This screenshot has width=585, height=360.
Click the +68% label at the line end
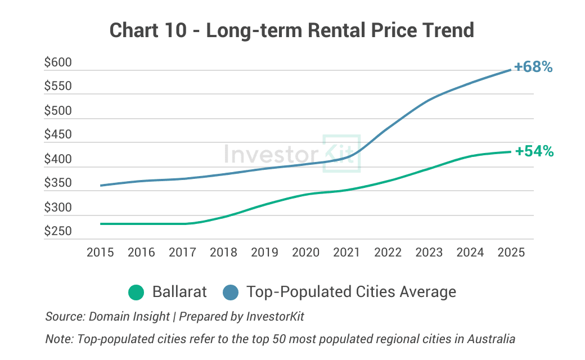pos(533,67)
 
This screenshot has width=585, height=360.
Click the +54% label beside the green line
pos(534,151)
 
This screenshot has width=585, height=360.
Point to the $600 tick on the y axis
pos(58,62)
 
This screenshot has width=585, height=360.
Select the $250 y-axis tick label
pos(58,231)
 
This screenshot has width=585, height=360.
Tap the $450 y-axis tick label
pos(58,134)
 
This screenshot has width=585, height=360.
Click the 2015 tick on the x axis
pos(100,253)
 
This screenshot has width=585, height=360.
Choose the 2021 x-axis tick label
pos(346,253)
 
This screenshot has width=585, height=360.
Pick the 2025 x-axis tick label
pos(511,253)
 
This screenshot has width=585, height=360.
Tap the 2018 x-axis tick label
pos(223,253)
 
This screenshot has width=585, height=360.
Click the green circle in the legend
pos(137,292)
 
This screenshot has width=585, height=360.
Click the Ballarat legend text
pos(179,292)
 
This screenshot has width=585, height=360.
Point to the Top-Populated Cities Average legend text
pos(351,292)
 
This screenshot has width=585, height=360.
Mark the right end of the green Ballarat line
pos(511,152)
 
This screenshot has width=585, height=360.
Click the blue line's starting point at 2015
pos(101,186)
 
